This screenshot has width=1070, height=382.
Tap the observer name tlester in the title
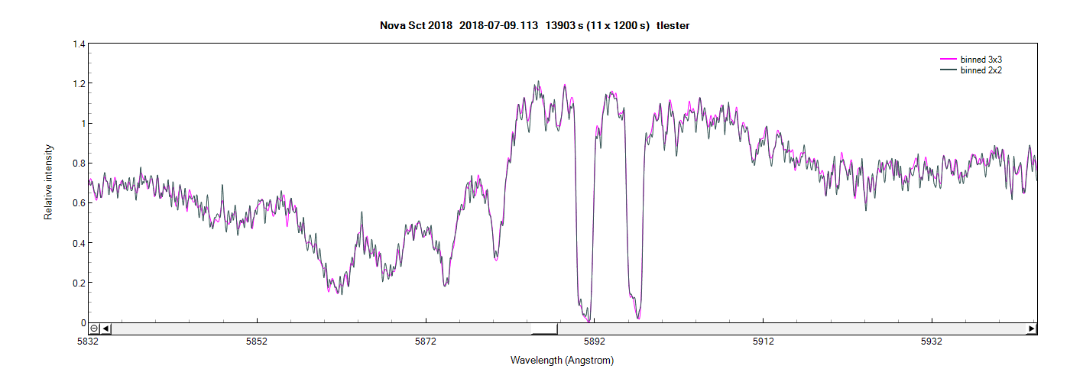(673, 26)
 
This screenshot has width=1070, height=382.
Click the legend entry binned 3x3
(981, 59)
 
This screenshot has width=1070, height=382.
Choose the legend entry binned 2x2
(981, 70)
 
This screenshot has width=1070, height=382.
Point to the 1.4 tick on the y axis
(79, 44)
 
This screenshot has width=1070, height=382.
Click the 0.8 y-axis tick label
(79, 163)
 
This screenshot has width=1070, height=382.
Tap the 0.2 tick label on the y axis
(79, 283)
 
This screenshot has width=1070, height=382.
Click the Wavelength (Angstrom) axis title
(562, 360)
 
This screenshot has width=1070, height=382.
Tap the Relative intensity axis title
(48, 182)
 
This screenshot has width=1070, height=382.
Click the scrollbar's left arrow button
(106, 329)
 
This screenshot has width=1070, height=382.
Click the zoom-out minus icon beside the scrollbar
(94, 329)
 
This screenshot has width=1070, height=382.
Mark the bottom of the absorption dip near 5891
(587, 319)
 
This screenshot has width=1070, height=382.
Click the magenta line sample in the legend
(948, 59)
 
